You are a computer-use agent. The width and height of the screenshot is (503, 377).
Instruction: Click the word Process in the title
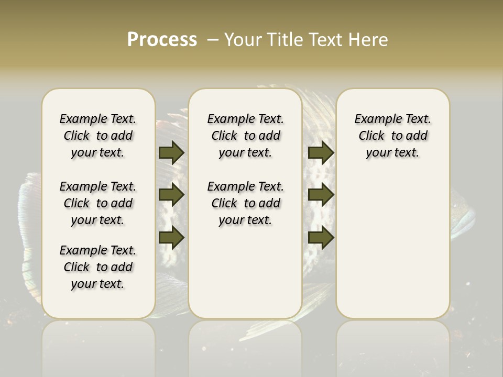[162, 39]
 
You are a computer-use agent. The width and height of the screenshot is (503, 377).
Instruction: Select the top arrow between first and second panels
[171, 152]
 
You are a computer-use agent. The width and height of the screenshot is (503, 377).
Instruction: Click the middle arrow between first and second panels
[171, 195]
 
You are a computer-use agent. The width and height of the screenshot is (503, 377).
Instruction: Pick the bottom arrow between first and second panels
[171, 238]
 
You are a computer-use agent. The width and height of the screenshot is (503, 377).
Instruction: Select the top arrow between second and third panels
[321, 152]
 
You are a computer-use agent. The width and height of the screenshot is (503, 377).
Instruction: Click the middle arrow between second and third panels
[321, 195]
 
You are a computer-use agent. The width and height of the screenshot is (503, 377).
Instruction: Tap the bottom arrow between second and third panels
[321, 238]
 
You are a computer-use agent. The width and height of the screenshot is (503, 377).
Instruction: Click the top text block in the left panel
[98, 136]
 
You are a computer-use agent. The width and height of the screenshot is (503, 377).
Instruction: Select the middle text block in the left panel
[98, 203]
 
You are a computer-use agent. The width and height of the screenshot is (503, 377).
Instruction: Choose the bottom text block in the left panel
[98, 267]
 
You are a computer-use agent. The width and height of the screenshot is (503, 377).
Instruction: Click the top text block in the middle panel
[246, 136]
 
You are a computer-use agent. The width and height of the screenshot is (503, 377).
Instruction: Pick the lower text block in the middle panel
[246, 203]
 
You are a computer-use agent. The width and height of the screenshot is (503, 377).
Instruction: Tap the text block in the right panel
[393, 136]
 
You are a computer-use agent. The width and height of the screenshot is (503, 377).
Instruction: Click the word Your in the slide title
[244, 40]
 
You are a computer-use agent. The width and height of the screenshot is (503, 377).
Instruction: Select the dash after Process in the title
[213, 40]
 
